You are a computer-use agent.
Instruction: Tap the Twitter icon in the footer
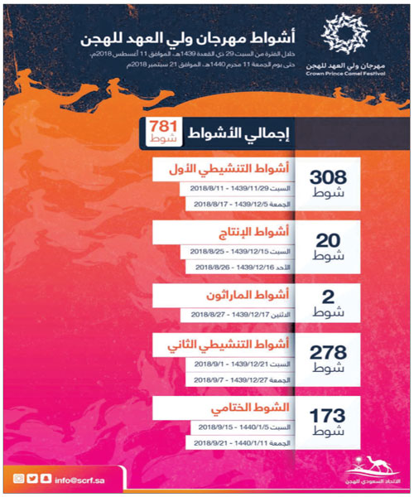(35, 478)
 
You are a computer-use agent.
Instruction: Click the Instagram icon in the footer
(18, 478)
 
